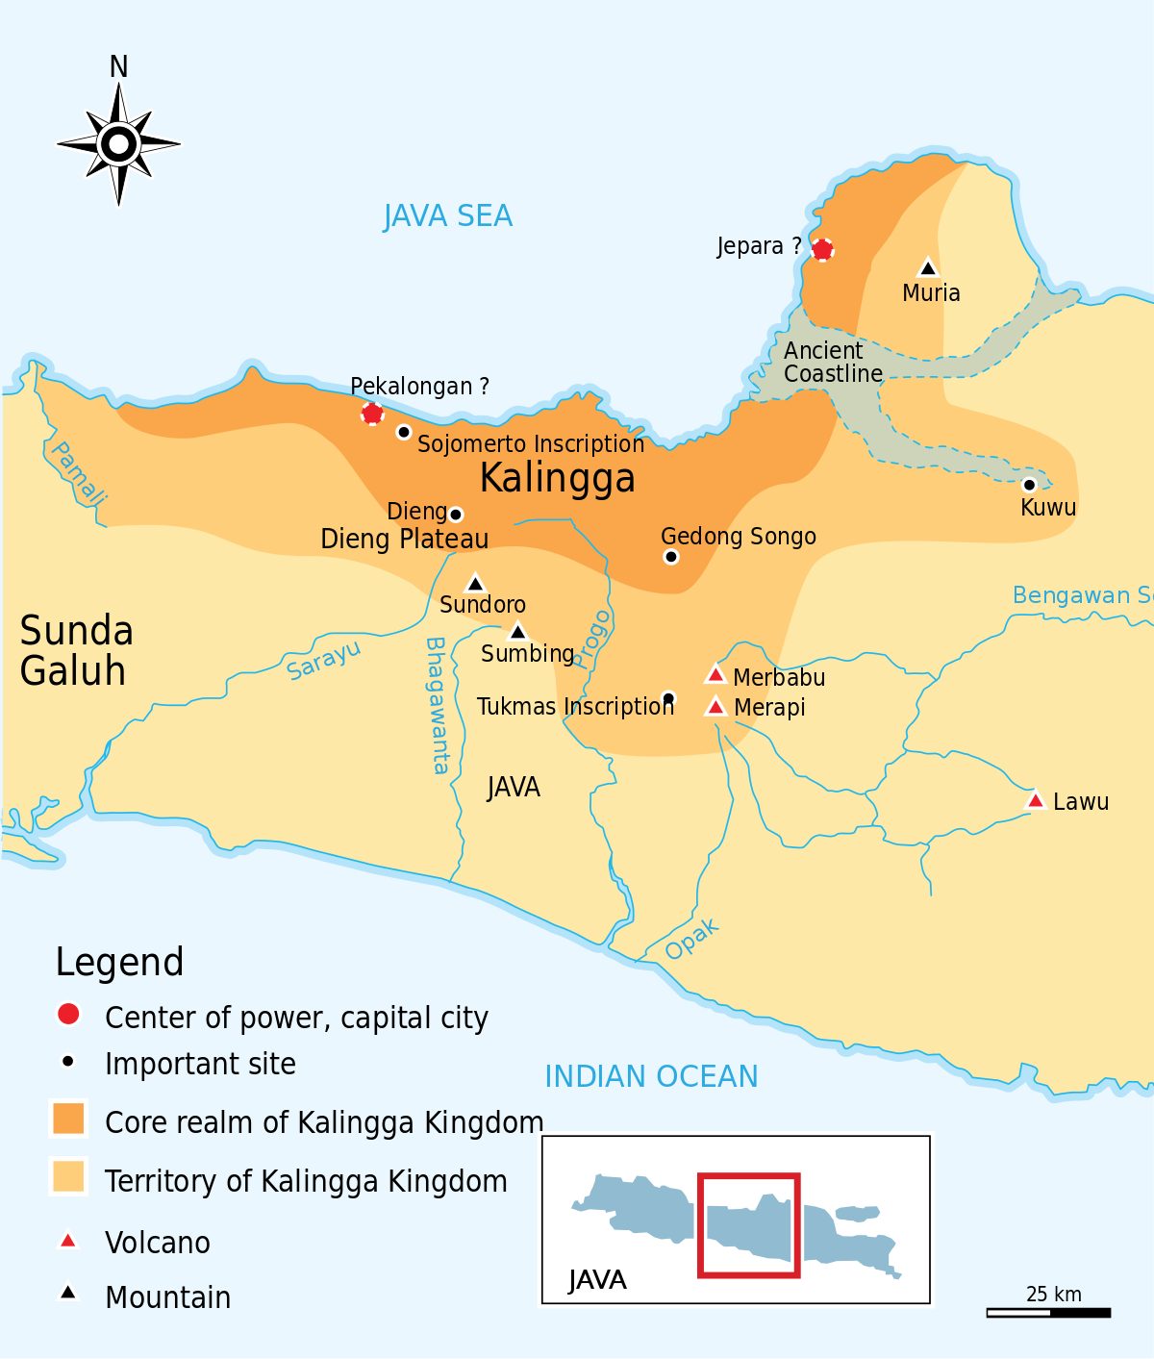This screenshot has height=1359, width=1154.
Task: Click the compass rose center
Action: pyautogui.click(x=118, y=144)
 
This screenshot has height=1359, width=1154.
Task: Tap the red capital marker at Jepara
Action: pyautogui.click(x=822, y=250)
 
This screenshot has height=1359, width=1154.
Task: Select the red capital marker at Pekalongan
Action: pyautogui.click(x=372, y=414)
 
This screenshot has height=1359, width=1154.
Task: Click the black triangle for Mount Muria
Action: pyautogui.click(x=928, y=268)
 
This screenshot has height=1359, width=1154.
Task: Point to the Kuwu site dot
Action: pyautogui.click(x=1029, y=485)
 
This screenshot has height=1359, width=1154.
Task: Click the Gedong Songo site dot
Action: pyautogui.click(x=671, y=557)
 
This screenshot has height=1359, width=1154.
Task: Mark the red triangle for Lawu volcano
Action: pyautogui.click(x=1036, y=800)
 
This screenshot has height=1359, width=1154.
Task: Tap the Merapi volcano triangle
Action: pyautogui.click(x=715, y=707)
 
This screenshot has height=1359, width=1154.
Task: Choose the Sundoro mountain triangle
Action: pyautogui.click(x=475, y=584)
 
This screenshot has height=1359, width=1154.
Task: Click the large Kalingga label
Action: pyautogui.click(x=558, y=478)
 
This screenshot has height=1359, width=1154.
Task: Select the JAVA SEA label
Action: pyautogui.click(x=448, y=216)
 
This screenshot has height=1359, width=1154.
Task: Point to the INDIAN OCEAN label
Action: pyautogui.click(x=651, y=1076)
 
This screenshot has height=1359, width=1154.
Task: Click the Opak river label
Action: pyautogui.click(x=691, y=939)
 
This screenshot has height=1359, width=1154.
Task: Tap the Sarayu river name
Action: pyautogui.click(x=324, y=660)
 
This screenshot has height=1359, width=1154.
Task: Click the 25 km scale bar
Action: pyautogui.click(x=1048, y=1312)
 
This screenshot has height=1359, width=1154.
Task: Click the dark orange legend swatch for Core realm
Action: pyautogui.click(x=68, y=1119)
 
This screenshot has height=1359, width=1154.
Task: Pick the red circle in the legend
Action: pyautogui.click(x=68, y=1014)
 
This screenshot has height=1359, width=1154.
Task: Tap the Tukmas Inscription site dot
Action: pyautogui.click(x=668, y=698)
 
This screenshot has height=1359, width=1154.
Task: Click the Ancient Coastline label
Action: pyautogui.click(x=833, y=363)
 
